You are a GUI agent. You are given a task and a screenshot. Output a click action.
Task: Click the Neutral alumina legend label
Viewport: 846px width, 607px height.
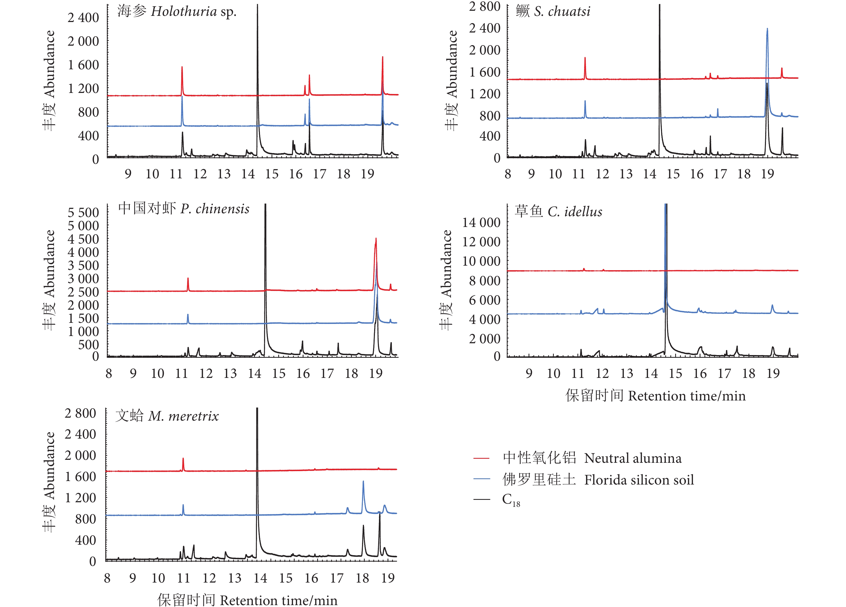click(592, 458)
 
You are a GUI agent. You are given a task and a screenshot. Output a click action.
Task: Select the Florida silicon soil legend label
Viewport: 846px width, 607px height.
click(598, 480)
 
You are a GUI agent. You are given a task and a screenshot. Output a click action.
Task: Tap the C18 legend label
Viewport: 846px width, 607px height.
click(511, 500)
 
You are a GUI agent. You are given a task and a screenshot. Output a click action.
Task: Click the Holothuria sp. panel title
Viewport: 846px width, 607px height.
click(177, 12)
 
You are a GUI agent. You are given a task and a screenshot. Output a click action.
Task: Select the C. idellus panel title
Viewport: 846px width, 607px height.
click(558, 212)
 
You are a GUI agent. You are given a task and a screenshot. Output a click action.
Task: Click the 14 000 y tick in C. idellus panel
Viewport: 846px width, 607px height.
click(481, 223)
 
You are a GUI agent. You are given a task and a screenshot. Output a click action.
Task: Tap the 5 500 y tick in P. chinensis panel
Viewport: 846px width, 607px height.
click(83, 213)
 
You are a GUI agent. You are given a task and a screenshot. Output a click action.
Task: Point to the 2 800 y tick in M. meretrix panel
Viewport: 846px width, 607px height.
click(80, 413)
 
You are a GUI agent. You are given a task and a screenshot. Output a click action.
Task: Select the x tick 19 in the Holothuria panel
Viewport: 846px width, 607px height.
click(367, 174)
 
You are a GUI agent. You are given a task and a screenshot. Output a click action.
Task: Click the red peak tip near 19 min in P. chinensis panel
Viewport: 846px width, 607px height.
click(376, 239)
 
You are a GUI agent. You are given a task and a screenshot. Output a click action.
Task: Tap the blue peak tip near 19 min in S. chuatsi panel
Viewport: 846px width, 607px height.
click(767, 28)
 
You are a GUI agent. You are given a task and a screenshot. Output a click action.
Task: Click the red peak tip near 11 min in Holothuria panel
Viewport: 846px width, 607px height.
click(182, 67)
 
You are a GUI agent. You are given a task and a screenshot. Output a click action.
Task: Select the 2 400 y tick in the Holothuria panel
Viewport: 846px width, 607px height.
click(83, 17)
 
